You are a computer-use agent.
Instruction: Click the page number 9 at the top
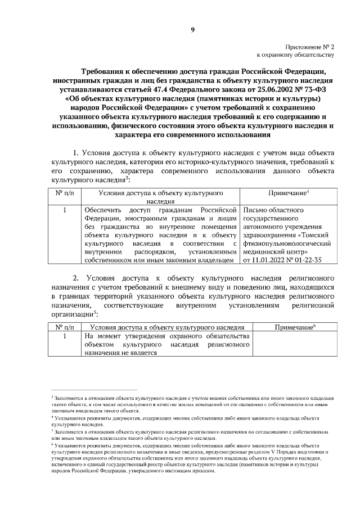(x=192, y=30)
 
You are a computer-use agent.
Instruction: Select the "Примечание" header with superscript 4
(x=289, y=193)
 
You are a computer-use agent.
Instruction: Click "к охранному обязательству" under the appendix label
(x=296, y=56)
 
